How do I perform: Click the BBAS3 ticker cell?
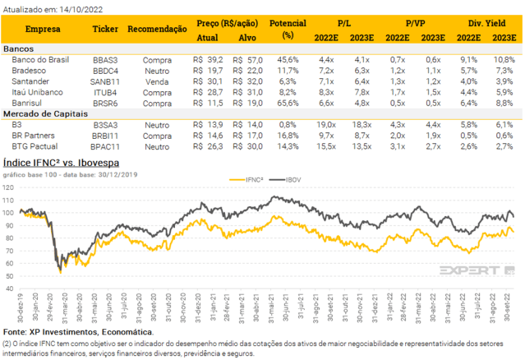[x=104, y=60]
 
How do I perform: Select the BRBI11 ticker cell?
[x=104, y=134]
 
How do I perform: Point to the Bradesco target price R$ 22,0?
[x=246, y=71]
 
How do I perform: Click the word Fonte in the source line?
[x=16, y=331]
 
